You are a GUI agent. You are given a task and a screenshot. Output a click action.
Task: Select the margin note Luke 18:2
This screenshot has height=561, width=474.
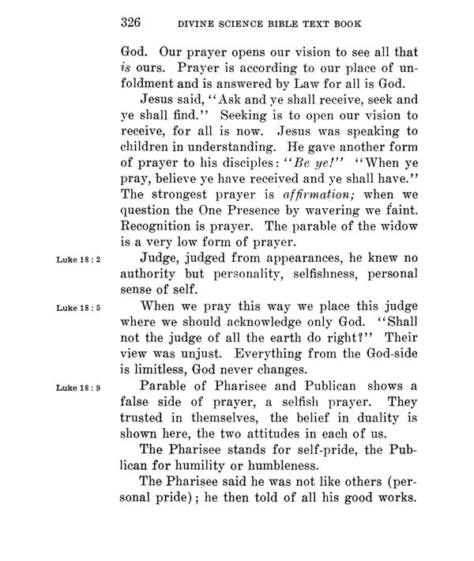click(82, 259)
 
